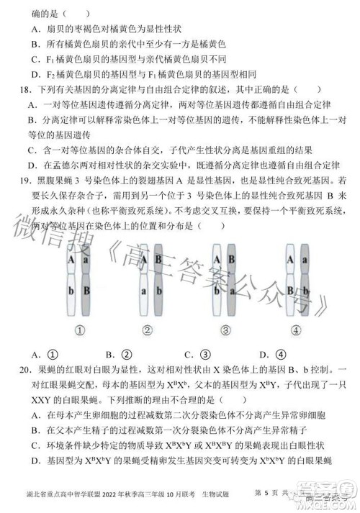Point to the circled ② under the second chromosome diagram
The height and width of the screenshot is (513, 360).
tap(148, 330)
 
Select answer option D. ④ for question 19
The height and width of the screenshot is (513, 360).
tap(282, 354)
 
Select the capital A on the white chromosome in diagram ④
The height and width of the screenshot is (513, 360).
tap(289, 256)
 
